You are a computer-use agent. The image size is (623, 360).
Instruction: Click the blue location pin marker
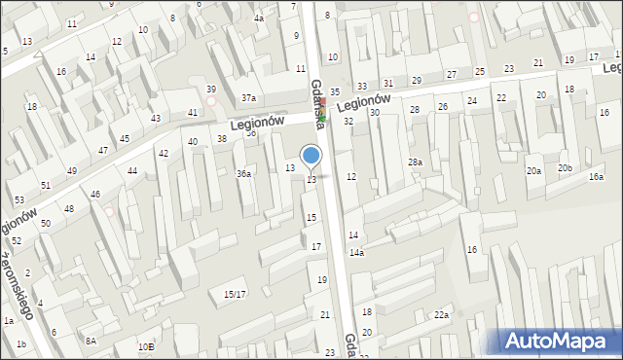pos(311,156)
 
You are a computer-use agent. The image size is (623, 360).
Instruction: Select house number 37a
pos(249,98)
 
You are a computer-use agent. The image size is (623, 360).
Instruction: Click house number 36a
pos(244,174)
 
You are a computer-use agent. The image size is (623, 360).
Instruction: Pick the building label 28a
pos(416,162)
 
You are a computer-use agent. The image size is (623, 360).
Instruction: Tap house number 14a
pos(357,253)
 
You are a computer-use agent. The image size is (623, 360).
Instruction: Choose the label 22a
pos(442,314)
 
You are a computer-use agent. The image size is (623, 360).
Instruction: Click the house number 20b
pos(565,168)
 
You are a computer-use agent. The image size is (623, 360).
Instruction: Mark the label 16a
pos(596,177)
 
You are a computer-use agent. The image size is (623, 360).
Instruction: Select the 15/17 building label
pos(235,294)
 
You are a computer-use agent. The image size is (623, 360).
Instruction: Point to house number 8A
pos(91,341)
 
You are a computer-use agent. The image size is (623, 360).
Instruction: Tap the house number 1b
pos(20,344)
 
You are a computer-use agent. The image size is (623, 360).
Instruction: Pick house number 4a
pos(259,18)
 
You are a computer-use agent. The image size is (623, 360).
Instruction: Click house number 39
pos(211,90)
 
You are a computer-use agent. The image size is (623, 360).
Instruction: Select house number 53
pos(18,200)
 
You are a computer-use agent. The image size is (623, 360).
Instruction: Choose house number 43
pos(156,119)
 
